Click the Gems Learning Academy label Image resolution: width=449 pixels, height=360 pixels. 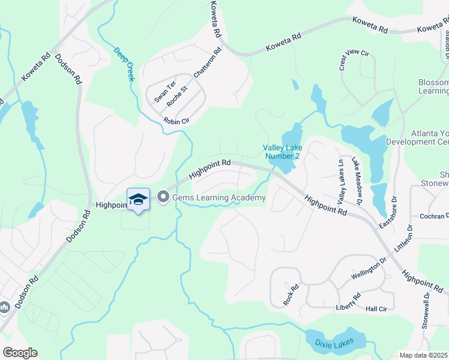pyautogui.click(x=218, y=198)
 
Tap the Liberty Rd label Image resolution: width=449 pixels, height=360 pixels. pyautogui.click(x=349, y=302)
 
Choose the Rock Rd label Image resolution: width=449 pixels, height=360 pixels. pyautogui.click(x=291, y=295)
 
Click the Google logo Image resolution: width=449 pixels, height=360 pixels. pyautogui.click(x=20, y=353)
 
